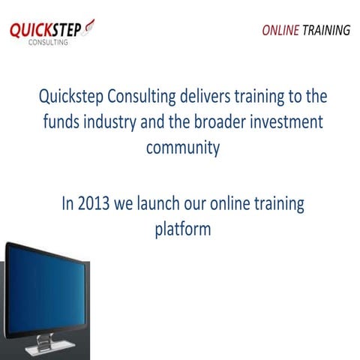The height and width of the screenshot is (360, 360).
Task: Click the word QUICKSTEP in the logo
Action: click(46, 31)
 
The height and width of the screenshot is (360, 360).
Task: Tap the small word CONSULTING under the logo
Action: click(47, 43)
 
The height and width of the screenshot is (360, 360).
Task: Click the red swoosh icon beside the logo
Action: click(91, 28)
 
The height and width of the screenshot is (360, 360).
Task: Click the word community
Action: click(182, 148)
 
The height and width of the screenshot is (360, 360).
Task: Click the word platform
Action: click(182, 229)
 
